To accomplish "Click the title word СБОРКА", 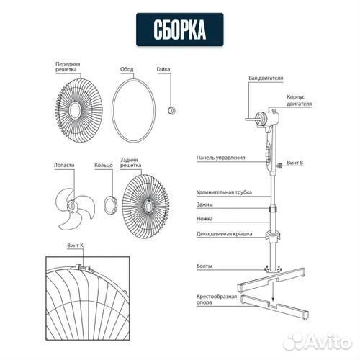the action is click(180, 30).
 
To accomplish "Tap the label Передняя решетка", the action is click(68, 67).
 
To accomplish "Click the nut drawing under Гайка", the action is click(171, 110).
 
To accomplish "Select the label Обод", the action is click(127, 69).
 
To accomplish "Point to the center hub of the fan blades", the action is click(71, 206).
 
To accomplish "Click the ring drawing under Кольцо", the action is click(111, 205).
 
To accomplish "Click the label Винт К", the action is click(76, 246).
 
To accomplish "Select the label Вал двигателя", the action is click(266, 78).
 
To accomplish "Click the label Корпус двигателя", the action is click(300, 100).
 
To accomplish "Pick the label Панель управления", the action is click(221, 158).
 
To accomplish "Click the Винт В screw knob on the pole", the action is click(279, 166).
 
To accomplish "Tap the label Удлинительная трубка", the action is click(224, 192).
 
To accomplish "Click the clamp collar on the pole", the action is click(273, 209).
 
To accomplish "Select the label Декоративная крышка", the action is click(225, 234).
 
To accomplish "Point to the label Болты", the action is click(204, 266).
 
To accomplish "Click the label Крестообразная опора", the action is click(217, 300).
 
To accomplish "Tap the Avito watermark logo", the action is click(318, 341).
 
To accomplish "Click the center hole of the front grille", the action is click(75, 110).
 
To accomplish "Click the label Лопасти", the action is click(64, 165).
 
